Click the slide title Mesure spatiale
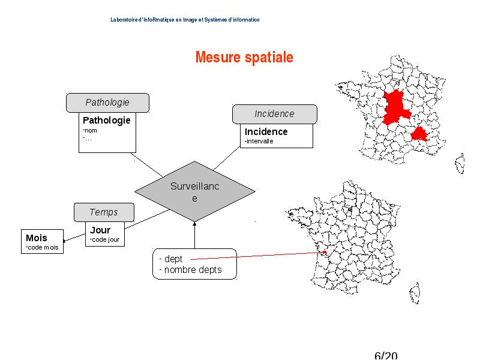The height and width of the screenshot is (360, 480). (244, 57)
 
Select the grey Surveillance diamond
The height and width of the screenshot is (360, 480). (194, 191)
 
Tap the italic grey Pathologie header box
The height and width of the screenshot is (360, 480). (108, 103)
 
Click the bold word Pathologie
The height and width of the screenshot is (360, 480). (107, 121)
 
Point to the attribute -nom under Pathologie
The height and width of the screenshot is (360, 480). (89, 130)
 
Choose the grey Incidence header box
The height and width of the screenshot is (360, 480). (275, 114)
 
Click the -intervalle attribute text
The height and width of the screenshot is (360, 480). (259, 141)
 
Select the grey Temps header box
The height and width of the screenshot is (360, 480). (104, 212)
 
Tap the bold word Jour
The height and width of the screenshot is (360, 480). (100, 230)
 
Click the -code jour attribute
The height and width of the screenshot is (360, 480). (104, 239)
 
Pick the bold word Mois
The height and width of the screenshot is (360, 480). (37, 238)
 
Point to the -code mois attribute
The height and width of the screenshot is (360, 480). (42, 247)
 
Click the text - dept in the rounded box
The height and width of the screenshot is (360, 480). (171, 259)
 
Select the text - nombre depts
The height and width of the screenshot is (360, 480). (190, 270)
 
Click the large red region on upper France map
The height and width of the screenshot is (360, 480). (396, 107)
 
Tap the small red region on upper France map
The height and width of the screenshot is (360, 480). (419, 134)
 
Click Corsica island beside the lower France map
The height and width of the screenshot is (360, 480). (415, 293)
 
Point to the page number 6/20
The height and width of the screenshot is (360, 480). (386, 355)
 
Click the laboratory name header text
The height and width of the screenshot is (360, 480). (185, 20)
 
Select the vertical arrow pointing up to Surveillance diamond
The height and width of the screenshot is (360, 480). (194, 235)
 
